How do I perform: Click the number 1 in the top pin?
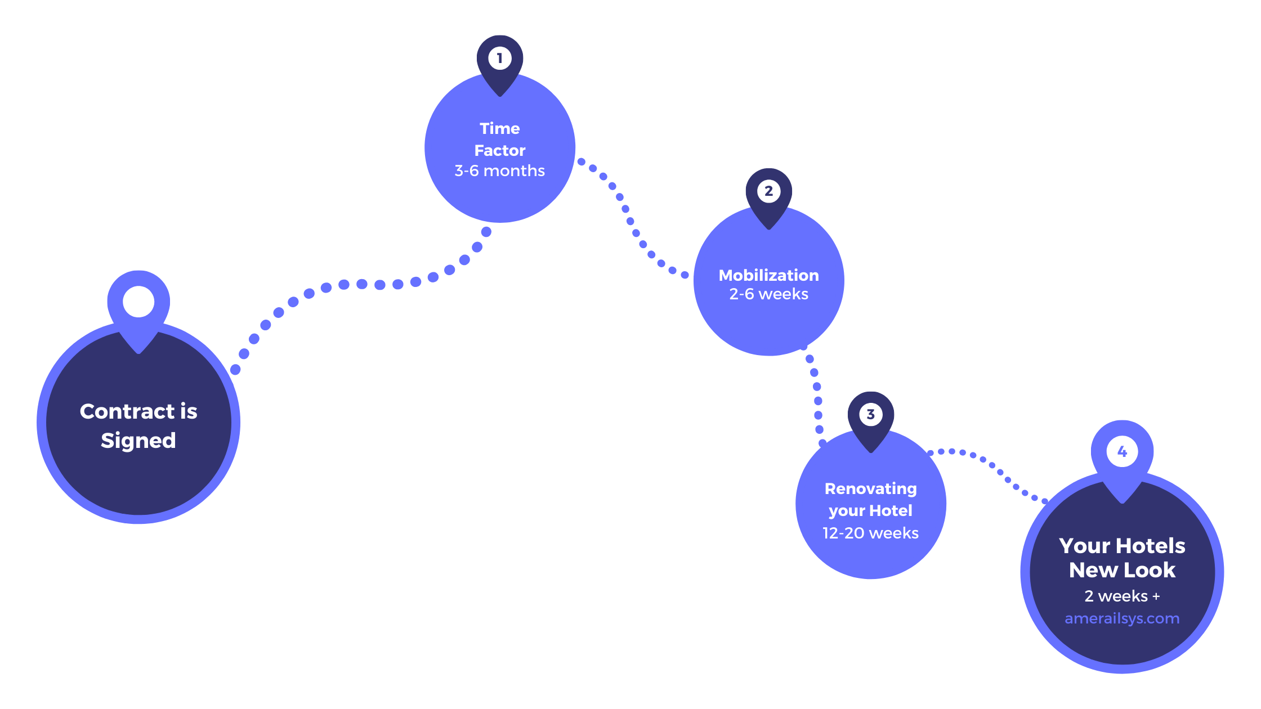point(499,58)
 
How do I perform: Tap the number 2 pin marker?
point(768,191)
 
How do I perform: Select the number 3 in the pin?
point(870,415)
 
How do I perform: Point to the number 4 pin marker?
point(1122,451)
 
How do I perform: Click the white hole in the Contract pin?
point(138,302)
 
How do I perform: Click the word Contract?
point(127,411)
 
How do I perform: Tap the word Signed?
point(138,441)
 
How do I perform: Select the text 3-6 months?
point(499,170)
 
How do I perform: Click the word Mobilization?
point(768,275)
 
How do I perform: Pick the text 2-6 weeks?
point(768,294)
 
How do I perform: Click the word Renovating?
point(870,488)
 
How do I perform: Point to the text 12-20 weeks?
point(870,533)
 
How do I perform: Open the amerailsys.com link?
point(1121,618)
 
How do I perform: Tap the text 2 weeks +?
point(1121,596)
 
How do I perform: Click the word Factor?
point(499,150)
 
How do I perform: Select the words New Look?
point(1121,570)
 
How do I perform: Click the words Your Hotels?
point(1121,546)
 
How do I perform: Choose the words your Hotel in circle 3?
point(870,511)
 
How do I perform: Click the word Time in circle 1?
point(499,128)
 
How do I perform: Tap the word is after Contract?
point(189,411)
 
